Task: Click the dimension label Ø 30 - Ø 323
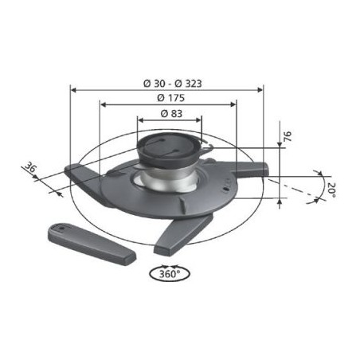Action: (x=173, y=84)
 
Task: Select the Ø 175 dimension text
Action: (x=170, y=98)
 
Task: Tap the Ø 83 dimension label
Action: (x=171, y=114)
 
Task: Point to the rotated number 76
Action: (x=288, y=136)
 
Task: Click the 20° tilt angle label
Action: (x=331, y=190)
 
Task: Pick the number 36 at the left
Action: (x=31, y=167)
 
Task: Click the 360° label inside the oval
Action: (x=170, y=274)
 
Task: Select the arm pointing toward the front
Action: (x=183, y=234)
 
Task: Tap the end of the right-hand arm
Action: (x=265, y=169)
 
